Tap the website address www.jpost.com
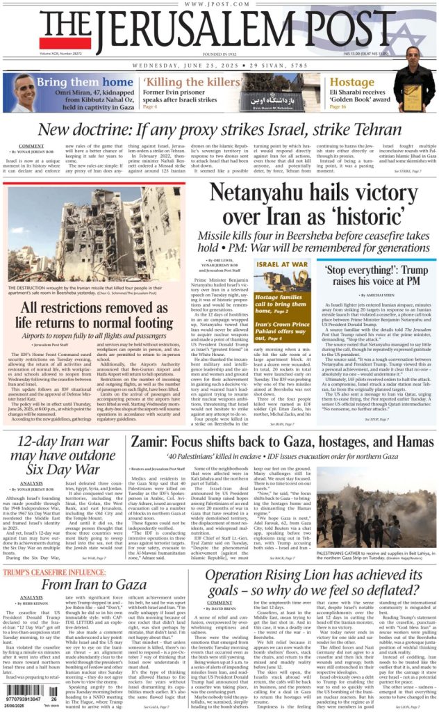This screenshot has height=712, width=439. [x=219, y=5]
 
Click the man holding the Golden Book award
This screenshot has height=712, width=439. [x=414, y=80]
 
